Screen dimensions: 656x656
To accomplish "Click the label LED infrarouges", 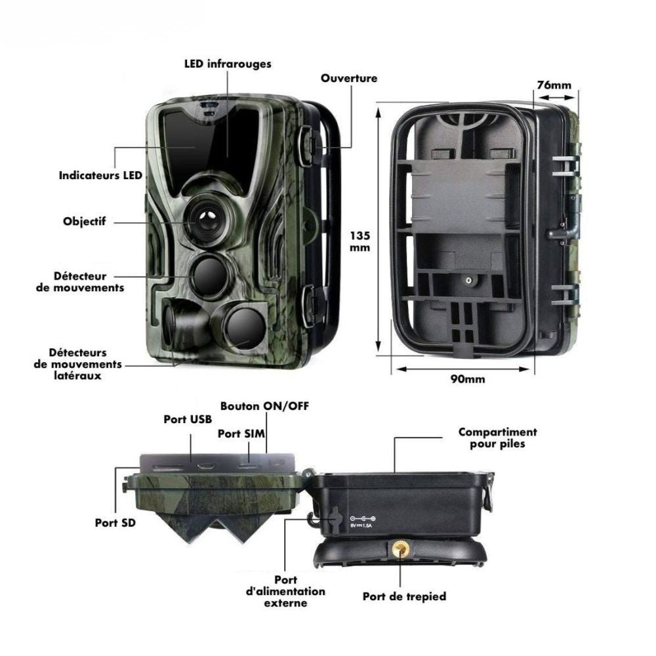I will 227,64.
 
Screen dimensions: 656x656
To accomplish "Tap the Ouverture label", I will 349,78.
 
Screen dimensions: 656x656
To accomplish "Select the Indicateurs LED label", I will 100,176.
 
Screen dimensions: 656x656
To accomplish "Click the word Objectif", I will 85,222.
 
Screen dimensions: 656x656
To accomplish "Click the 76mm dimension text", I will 554,85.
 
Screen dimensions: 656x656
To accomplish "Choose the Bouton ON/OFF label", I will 264,405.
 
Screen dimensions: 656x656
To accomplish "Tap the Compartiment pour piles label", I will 497,438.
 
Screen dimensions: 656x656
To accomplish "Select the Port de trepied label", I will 404,596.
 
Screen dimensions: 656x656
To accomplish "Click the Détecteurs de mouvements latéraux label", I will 77,364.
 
